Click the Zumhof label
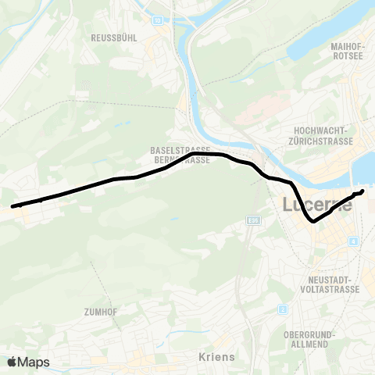pyautogui.click(x=100, y=311)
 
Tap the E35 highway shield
pyautogui.click(x=252, y=221)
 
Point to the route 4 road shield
pyautogui.click(x=353, y=241)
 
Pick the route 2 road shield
pyautogui.click(x=281, y=309)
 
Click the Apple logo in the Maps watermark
pyautogui.click(x=12, y=362)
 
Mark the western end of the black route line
pyautogui.click(x=12, y=207)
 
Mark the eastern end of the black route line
pyautogui.click(x=363, y=191)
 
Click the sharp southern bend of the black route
pyautogui.click(x=313, y=222)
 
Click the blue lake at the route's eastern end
pyautogui.click(x=366, y=168)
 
